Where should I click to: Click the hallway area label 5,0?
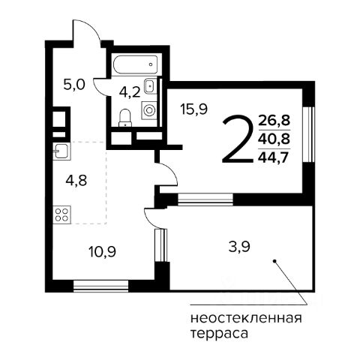tap(74, 85)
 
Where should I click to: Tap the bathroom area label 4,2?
tap(130, 92)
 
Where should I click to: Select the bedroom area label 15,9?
tap(194, 109)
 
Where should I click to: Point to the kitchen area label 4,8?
tap(76, 180)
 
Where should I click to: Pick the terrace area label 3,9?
tap(239, 247)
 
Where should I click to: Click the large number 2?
tap(237, 139)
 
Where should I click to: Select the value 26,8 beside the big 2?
tap(274, 120)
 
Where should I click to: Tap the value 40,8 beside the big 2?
tap(274, 139)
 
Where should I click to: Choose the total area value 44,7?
tap(274, 157)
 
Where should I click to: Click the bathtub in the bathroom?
tap(135, 64)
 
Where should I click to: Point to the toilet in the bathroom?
tap(125, 118)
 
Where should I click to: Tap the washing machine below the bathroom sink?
tap(149, 110)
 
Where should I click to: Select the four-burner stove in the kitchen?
tap(61, 214)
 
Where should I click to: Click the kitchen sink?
tap(61, 151)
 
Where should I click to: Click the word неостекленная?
tap(246, 319)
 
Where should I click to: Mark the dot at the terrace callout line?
tap(274, 261)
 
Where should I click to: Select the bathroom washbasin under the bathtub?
tap(150, 86)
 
